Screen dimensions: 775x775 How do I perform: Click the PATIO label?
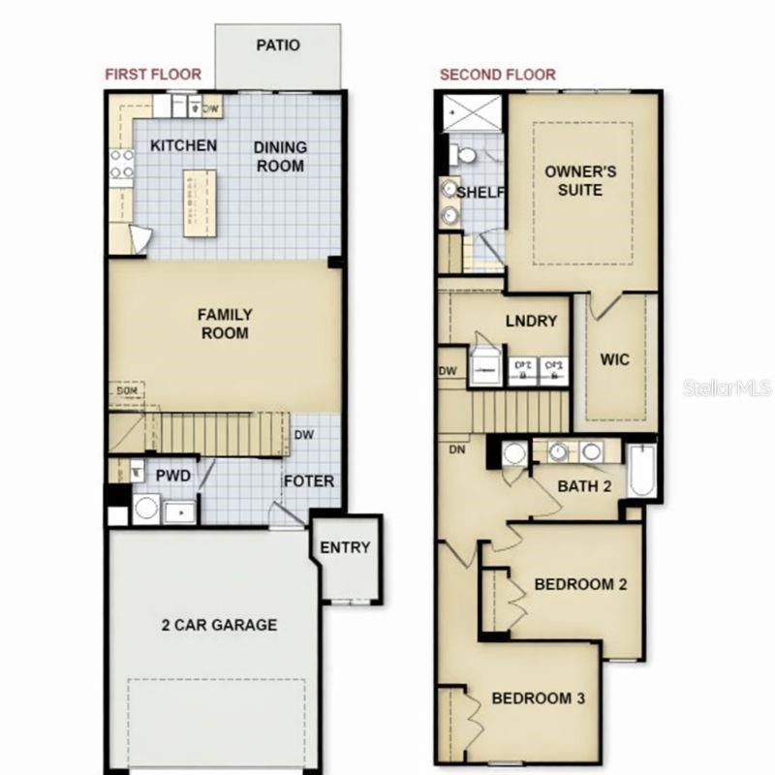[x=278, y=45]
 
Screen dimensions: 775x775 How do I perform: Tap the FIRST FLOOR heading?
[x=153, y=75]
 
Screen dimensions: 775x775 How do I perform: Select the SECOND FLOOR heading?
[x=498, y=75]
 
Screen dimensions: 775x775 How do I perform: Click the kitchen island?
[x=201, y=201]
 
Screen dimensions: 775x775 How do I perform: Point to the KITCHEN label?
[x=184, y=146]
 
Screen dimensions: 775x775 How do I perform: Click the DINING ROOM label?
[x=280, y=157]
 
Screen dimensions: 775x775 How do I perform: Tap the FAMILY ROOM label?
[x=225, y=325]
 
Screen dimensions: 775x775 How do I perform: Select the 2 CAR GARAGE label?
[x=219, y=625]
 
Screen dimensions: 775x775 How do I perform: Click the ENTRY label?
[x=345, y=547]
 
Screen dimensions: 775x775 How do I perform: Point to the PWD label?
[x=173, y=476]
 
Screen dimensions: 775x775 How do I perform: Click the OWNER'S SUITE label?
[x=580, y=181]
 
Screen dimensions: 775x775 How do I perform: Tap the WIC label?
[x=614, y=360]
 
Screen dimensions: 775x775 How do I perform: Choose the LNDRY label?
[x=531, y=322]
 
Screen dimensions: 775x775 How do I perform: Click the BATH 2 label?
[x=584, y=485]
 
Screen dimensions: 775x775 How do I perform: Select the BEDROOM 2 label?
[x=581, y=584]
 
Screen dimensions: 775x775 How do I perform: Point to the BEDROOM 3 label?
[x=538, y=697]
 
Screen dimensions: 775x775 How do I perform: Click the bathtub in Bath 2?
[x=641, y=472]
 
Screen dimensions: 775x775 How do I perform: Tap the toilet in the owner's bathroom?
[x=465, y=154]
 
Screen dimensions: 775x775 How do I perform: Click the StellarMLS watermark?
[x=727, y=387]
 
